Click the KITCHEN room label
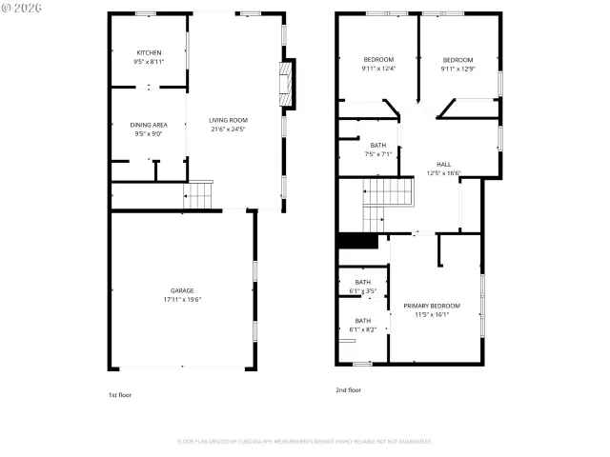tap(149, 52)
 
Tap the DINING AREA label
tap(149, 125)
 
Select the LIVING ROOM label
tap(229, 120)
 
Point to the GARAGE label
tap(182, 290)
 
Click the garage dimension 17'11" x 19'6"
tap(182, 299)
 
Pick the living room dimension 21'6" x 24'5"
tap(229, 129)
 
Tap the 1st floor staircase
tap(198, 197)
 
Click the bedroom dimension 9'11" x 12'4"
tap(378, 68)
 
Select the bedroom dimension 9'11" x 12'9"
tap(457, 68)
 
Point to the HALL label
tap(444, 164)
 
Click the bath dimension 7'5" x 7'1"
tap(378, 153)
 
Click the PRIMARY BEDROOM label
tap(432, 306)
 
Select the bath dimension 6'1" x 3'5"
tap(363, 290)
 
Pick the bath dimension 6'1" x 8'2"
tap(363, 329)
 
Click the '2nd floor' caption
tap(348, 390)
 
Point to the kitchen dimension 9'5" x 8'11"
tap(149, 61)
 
